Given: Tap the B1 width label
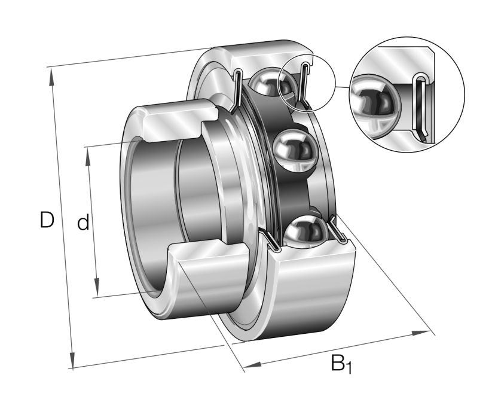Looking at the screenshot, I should pos(341,363).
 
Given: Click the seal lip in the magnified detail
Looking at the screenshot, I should pos(421,108).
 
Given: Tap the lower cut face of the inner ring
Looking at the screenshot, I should pos(209,257).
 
